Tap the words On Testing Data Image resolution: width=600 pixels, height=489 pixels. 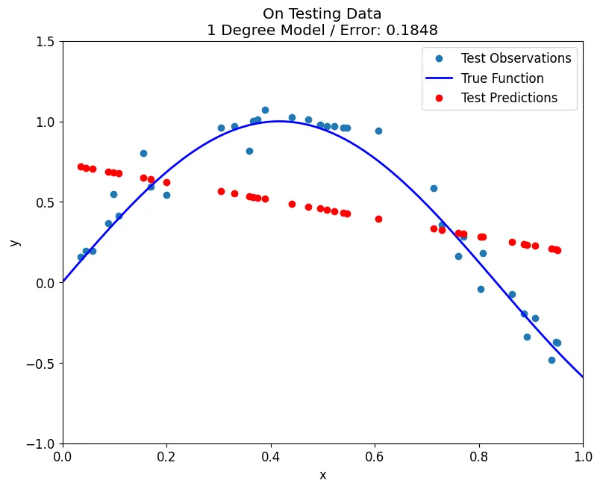tap(322, 13)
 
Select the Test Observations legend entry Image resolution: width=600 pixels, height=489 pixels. tap(516, 58)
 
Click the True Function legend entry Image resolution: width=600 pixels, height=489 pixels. tap(502, 78)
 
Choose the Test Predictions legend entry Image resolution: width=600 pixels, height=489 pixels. tap(509, 98)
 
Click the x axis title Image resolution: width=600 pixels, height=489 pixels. tap(322, 475)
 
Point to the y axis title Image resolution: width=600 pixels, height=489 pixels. tap(15, 243)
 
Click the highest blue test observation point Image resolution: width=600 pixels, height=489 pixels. tap(265, 110)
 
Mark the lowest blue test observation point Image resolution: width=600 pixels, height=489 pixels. tap(551, 360)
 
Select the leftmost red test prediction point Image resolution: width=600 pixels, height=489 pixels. tap(81, 166)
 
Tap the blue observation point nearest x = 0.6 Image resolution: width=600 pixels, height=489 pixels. tap(378, 131)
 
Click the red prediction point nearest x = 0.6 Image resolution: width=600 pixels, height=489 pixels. tap(378, 219)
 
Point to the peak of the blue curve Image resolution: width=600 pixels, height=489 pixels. tap(281, 121)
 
